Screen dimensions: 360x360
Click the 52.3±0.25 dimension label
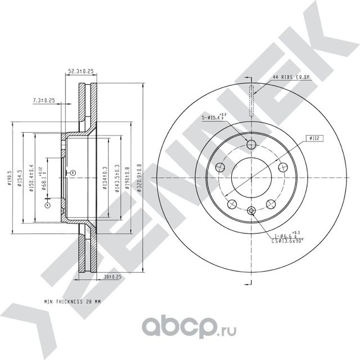(x=80, y=72)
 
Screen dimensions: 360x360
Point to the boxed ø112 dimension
(x=314, y=137)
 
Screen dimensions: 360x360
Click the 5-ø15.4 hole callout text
(x=213, y=118)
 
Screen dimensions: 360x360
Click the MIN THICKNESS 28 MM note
(x=73, y=302)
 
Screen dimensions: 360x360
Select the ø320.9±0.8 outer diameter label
(x=139, y=178)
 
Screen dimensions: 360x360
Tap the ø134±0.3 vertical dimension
(x=105, y=178)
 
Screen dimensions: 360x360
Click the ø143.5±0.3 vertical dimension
(x=116, y=178)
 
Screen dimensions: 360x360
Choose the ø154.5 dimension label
(x=21, y=178)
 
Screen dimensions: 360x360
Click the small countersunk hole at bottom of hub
(x=251, y=211)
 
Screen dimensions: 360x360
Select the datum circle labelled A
(x=47, y=205)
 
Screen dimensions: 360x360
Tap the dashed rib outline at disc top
(x=251, y=99)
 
